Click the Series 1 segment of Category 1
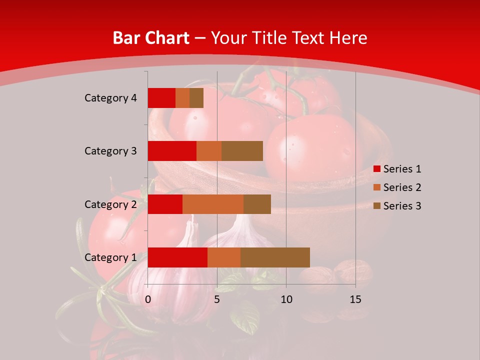[x=177, y=257]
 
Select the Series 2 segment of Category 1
[x=224, y=257]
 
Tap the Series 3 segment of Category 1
[x=275, y=257]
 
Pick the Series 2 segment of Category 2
[x=213, y=204]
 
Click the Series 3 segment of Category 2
[x=257, y=204]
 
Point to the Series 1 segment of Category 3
[x=172, y=151]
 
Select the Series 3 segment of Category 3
[x=242, y=151]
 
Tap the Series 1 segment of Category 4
[x=161, y=98]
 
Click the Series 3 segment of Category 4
[x=196, y=98]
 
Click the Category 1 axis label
[x=110, y=257]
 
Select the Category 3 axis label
[x=110, y=151]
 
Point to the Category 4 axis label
[x=110, y=98]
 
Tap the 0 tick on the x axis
[x=148, y=299]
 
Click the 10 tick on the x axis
[x=286, y=299]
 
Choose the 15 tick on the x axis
[x=355, y=299]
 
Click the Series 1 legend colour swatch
[x=377, y=169]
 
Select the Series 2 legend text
[x=402, y=187]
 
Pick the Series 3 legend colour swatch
[x=377, y=206]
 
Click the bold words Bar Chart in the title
[x=151, y=38]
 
